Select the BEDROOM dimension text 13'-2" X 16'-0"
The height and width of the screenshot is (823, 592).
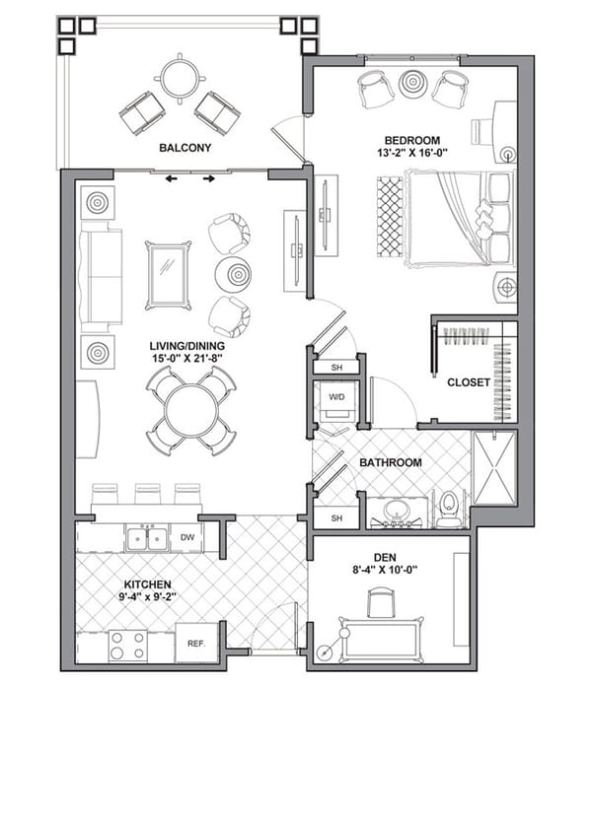click(x=412, y=155)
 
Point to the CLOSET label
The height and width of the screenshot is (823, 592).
click(x=469, y=382)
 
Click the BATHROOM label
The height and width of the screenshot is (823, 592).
click(x=390, y=462)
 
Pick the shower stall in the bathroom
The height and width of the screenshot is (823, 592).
click(x=493, y=468)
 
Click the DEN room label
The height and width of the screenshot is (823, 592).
click(x=389, y=555)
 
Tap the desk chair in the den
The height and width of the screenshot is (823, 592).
click(x=382, y=601)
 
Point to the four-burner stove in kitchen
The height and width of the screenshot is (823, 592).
click(x=126, y=646)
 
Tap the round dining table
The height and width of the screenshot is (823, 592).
click(x=190, y=410)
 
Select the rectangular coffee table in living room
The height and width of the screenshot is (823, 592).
click(x=168, y=275)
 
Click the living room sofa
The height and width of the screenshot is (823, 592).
click(x=99, y=276)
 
